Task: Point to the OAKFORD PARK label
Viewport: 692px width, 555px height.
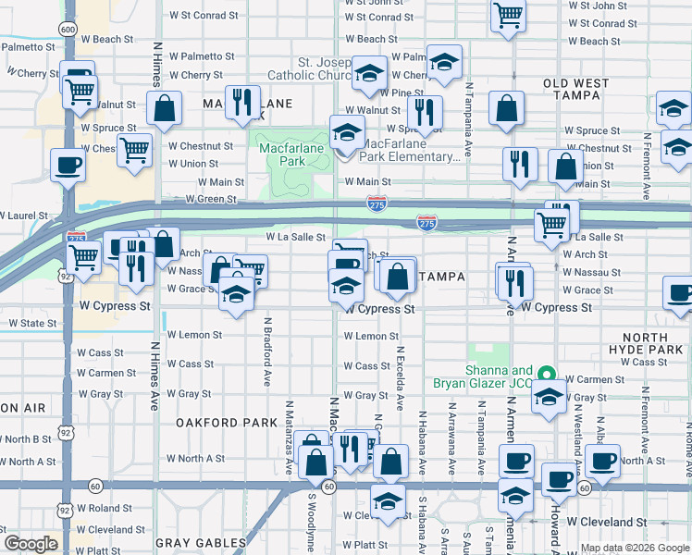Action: coord(227,422)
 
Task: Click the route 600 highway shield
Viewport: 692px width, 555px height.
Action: coord(67,29)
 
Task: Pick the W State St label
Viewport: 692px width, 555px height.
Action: coord(33,323)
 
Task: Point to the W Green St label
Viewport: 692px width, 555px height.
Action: coord(211,199)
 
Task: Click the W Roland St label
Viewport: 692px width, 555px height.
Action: coord(105,508)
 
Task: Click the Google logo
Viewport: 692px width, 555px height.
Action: coord(31,544)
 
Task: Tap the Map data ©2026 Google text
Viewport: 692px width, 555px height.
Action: coord(634,548)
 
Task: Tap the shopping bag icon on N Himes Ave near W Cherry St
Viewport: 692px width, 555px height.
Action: coord(164,107)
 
